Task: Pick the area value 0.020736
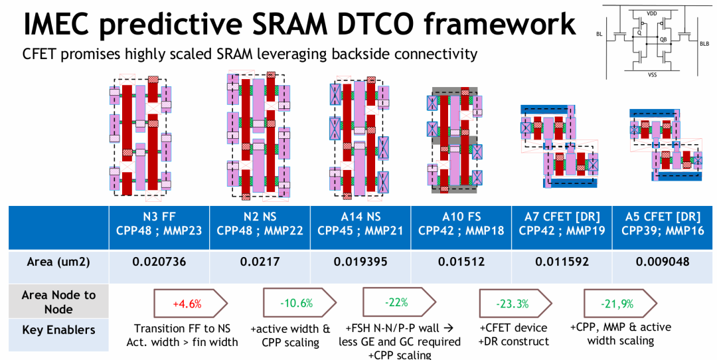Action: [159, 262]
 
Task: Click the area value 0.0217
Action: [260, 262]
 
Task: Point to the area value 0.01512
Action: [461, 262]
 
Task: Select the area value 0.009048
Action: [663, 262]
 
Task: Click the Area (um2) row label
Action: [58, 262]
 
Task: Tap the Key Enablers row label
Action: [58, 330]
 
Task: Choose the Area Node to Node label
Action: [58, 302]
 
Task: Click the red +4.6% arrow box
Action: [191, 304]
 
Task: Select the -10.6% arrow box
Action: [299, 303]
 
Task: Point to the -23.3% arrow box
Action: [515, 304]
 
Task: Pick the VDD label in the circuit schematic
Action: [652, 14]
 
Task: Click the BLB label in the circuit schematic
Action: [704, 44]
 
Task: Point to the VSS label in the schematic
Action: [652, 74]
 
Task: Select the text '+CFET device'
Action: [513, 328]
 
